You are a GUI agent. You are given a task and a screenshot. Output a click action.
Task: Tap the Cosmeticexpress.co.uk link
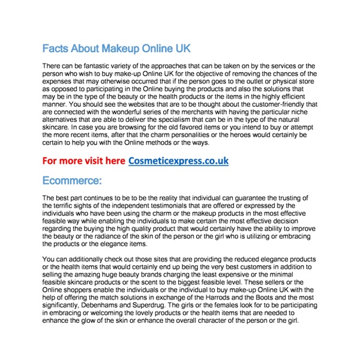click(x=178, y=161)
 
